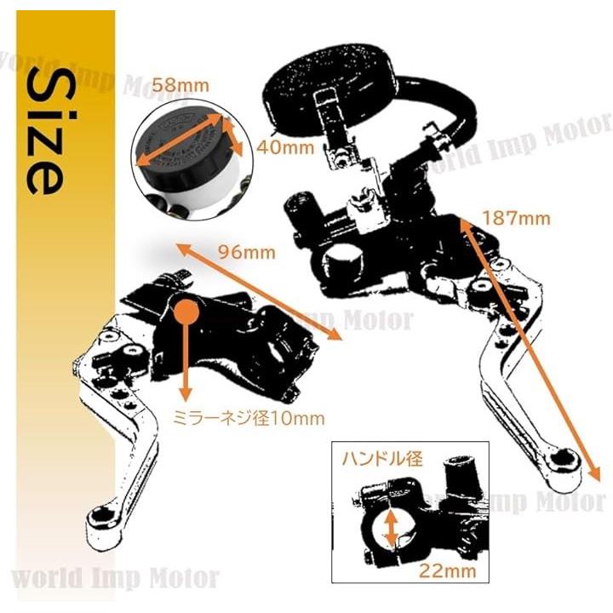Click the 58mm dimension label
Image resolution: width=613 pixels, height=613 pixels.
tap(180, 86)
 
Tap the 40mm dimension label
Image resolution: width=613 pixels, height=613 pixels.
tap(285, 147)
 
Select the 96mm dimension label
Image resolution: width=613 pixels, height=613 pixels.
tap(247, 252)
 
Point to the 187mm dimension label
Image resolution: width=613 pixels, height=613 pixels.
tap(517, 218)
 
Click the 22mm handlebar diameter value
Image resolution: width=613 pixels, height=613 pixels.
tap(448, 571)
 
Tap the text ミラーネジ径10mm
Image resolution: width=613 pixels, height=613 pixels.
tap(249, 419)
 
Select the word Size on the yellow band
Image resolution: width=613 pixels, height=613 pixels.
tap(45, 131)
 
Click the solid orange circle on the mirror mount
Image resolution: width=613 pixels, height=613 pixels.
tap(186, 311)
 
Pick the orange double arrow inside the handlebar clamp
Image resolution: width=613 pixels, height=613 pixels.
tap(392, 529)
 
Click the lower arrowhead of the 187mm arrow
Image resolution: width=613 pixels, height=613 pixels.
tap(593, 472)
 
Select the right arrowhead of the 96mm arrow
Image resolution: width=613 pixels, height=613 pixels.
tap(335, 335)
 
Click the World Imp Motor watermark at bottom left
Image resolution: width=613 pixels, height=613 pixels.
tap(116, 578)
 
